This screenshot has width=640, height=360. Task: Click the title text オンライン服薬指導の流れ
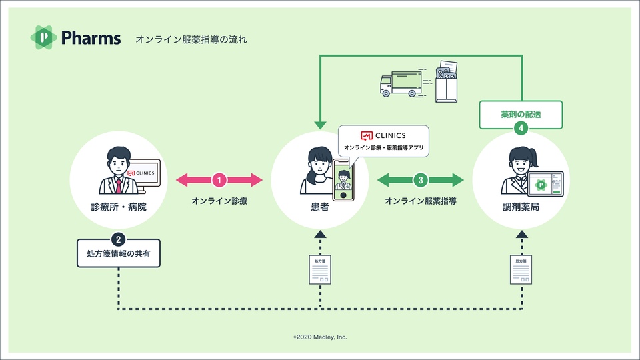click(x=191, y=39)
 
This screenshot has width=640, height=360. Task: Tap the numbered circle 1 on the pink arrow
click(x=220, y=179)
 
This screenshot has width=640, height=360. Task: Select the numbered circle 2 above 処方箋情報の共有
click(x=118, y=239)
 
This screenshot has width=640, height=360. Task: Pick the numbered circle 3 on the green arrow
click(x=420, y=179)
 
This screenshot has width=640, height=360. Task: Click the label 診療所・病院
click(x=118, y=207)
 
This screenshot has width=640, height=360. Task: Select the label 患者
click(x=320, y=207)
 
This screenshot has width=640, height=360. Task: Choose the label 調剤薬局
click(x=521, y=207)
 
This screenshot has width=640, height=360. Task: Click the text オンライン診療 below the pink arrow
click(x=219, y=201)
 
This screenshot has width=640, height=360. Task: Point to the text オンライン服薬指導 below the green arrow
click(x=420, y=201)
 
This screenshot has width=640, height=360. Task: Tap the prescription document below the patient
click(x=320, y=268)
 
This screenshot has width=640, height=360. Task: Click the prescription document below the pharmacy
click(x=521, y=268)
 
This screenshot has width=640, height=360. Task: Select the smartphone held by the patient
click(x=343, y=180)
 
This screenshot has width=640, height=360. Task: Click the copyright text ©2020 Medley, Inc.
click(x=320, y=337)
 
